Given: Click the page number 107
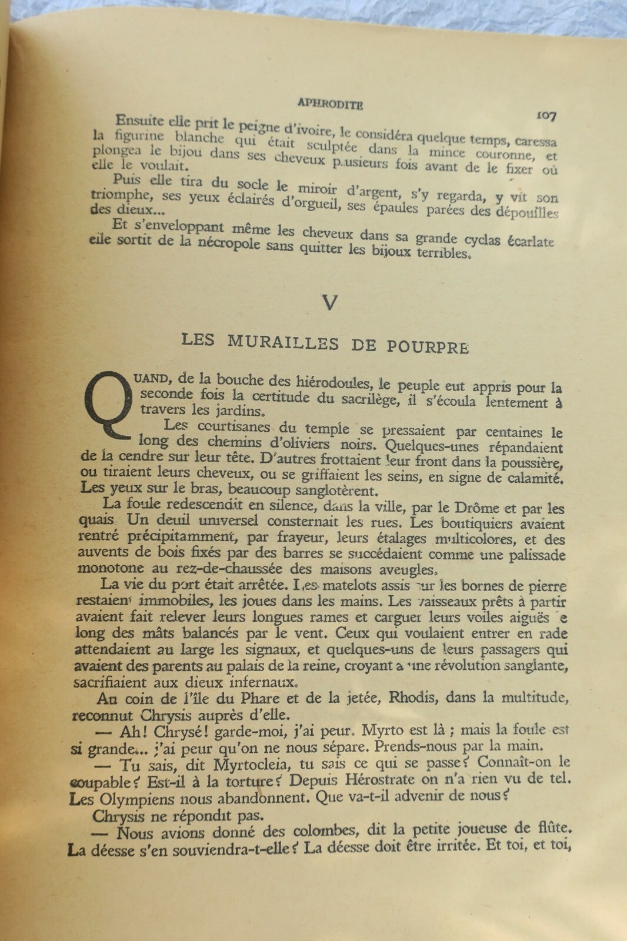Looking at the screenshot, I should (x=546, y=116).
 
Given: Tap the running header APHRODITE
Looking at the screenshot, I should (x=330, y=104).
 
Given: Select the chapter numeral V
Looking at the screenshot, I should (x=330, y=302).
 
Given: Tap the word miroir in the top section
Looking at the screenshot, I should (x=317, y=189).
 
